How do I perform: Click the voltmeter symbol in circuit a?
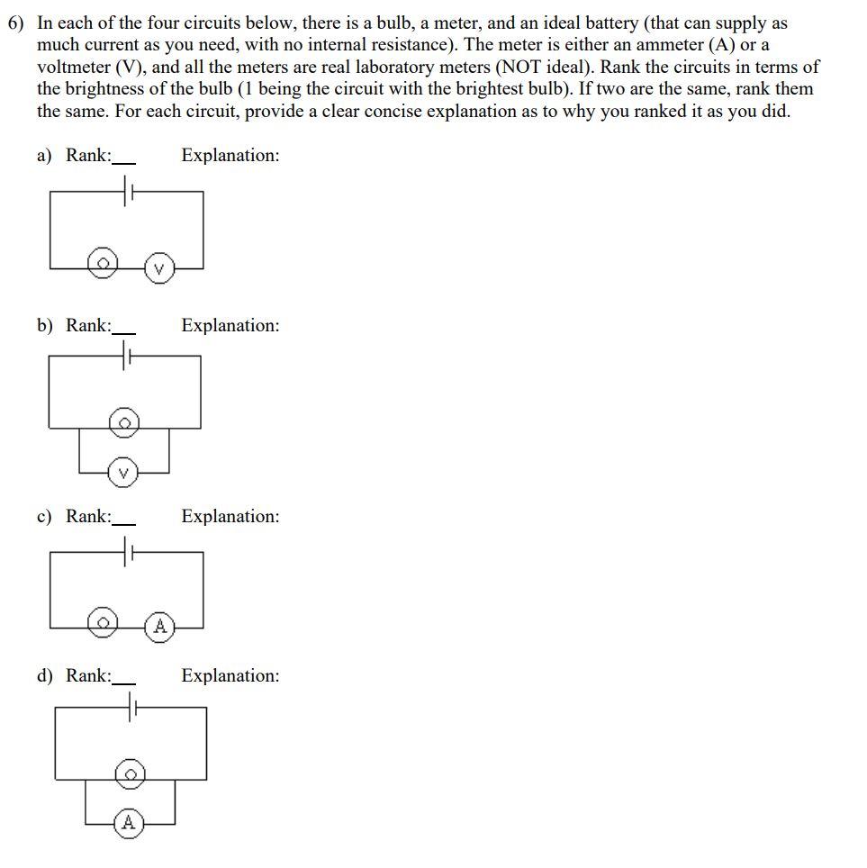[x=159, y=267]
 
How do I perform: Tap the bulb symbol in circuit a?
[x=103, y=264]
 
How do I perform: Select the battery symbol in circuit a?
[x=126, y=190]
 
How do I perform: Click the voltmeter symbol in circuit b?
[x=124, y=472]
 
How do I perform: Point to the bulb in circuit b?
[x=125, y=421]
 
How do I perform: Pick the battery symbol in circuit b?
[x=125, y=356]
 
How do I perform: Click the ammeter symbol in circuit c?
[x=159, y=626]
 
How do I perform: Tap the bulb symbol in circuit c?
[x=104, y=622]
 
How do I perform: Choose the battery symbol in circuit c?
[x=126, y=552]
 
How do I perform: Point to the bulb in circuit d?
[x=131, y=773]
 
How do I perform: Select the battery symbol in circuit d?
[x=131, y=710]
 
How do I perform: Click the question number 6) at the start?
[x=16, y=24]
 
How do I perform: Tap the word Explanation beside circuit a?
[x=230, y=156]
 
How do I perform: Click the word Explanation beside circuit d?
[x=230, y=676]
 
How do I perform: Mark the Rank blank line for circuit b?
[x=123, y=333]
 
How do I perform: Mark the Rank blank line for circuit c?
[x=123, y=524]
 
